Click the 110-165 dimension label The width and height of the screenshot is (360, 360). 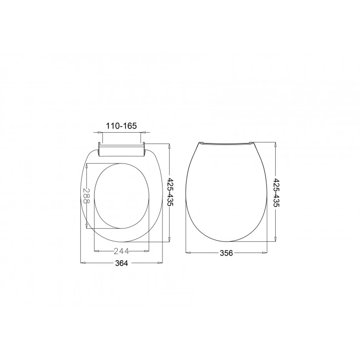(121, 126)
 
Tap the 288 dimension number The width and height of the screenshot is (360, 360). (86, 196)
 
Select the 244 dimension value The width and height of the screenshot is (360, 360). (121, 251)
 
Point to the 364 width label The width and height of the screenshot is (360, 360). (121, 263)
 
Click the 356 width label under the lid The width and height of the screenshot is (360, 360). (226, 253)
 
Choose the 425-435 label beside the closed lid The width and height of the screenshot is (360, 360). (277, 192)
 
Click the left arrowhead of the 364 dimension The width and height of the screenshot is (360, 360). (83, 263)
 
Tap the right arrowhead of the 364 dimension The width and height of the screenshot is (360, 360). (159, 263)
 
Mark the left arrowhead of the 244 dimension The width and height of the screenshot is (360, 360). (97, 251)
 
